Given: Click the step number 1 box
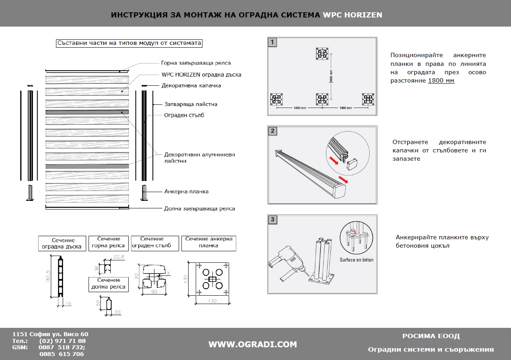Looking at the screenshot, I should (x=272, y=42).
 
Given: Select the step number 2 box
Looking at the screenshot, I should (x=272, y=131).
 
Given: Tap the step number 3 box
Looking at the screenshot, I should (x=272, y=219).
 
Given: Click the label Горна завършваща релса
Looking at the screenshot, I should (x=196, y=63).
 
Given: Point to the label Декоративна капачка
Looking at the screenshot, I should (x=191, y=85).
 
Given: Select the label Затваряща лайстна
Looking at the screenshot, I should (x=191, y=104).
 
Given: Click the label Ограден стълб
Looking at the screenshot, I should (x=184, y=115).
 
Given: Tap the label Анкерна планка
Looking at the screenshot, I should (x=186, y=191).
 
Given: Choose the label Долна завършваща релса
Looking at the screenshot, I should (x=199, y=208).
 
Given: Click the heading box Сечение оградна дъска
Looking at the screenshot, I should (x=62, y=243).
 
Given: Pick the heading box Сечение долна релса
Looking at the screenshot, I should (x=108, y=283).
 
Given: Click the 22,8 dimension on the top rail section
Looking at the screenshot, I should (x=119, y=257).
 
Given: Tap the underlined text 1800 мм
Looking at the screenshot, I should (x=441, y=81).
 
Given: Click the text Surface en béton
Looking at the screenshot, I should (x=356, y=260).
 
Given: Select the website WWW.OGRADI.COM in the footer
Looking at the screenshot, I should (x=253, y=344).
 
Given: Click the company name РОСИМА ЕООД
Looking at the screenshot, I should (x=431, y=336).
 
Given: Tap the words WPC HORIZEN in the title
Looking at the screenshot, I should (x=353, y=15).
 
